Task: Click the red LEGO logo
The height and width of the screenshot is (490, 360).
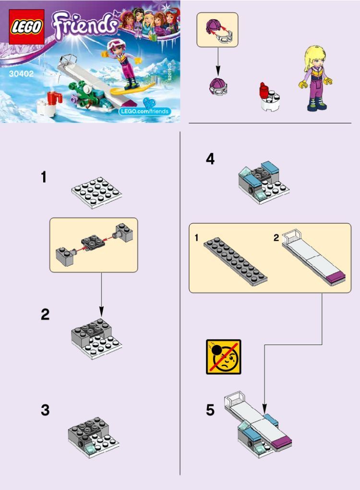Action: pos(26,27)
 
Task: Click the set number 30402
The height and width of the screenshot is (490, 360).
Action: pos(21,74)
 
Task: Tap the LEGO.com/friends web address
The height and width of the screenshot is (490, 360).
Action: pos(144,111)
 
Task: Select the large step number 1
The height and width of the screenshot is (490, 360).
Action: pos(44,177)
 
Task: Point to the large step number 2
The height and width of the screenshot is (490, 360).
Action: pos(45,314)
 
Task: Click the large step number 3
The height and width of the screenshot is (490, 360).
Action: pos(45,410)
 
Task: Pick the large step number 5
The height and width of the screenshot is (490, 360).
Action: pos(210,410)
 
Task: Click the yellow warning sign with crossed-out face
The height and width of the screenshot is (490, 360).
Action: pos(224,357)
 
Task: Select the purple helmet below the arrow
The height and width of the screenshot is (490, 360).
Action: pos(218,86)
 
